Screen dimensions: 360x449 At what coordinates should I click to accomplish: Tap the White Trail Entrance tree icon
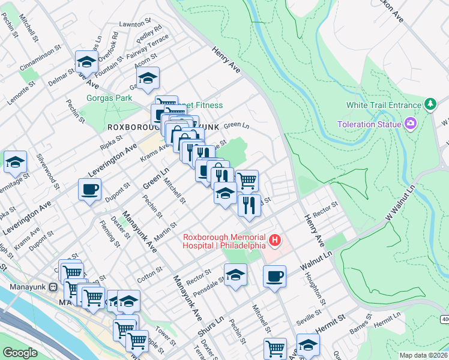[430, 105]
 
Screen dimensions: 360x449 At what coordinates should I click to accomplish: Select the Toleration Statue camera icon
[411, 124]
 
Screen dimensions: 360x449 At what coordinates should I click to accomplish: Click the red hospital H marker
[275, 241]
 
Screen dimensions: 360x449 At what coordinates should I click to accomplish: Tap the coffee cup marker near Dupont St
[89, 190]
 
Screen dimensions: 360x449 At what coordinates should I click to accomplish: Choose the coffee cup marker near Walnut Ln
[274, 276]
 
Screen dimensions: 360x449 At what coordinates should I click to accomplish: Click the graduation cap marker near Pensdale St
[236, 275]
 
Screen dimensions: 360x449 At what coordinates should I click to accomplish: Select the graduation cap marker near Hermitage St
[15, 161]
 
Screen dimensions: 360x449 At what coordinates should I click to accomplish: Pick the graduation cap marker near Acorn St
[148, 77]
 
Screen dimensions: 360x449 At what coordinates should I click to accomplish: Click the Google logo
[20, 353]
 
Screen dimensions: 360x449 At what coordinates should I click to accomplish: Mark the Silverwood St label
[47, 171]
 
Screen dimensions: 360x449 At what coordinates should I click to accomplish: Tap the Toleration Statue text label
[369, 124]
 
